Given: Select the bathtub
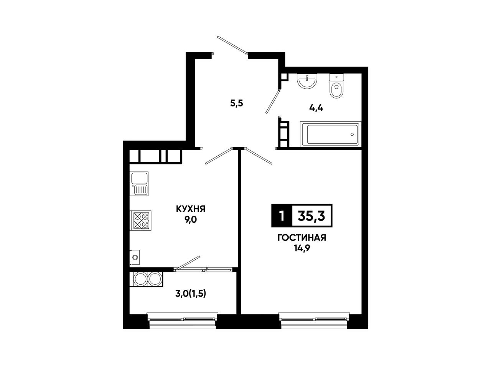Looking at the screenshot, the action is (331, 134).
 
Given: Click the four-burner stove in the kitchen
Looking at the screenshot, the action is (140, 221).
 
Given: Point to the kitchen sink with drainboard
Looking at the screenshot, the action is (139, 184).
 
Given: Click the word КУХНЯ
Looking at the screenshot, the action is (191, 209).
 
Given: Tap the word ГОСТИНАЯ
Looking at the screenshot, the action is (302, 238).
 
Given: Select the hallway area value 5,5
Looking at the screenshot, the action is (237, 103).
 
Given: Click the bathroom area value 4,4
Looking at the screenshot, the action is (316, 108).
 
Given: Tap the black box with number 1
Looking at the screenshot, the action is (282, 216).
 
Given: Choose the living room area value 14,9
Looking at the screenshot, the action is (302, 249).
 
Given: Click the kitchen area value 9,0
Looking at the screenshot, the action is (191, 220).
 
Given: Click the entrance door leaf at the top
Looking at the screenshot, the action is (232, 45).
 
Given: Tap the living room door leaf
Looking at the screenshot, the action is (259, 156).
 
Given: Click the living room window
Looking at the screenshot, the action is (314, 320).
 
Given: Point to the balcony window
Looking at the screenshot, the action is (183, 320).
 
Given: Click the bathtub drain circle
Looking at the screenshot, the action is (352, 134).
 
